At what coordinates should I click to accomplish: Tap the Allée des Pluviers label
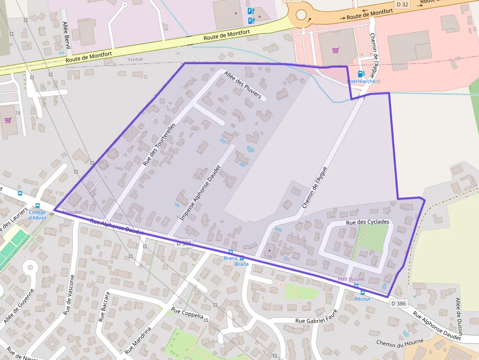(243, 85)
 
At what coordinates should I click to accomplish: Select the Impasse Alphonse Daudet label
(201, 194)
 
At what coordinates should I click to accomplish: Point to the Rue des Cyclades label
(368, 222)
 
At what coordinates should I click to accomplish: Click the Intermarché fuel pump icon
(361, 74)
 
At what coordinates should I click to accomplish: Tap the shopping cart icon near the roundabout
(335, 50)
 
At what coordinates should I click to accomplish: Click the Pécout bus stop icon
(362, 292)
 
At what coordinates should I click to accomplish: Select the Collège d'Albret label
(37, 215)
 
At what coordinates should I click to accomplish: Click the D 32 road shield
(402, 4)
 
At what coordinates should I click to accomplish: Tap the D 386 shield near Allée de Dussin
(398, 303)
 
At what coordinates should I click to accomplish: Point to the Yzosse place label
(135, 60)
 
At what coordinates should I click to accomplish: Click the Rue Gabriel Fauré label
(317, 320)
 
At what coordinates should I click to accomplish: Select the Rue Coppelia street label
(187, 313)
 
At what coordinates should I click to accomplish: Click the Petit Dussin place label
(350, 279)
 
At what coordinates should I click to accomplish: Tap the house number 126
(267, 256)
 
